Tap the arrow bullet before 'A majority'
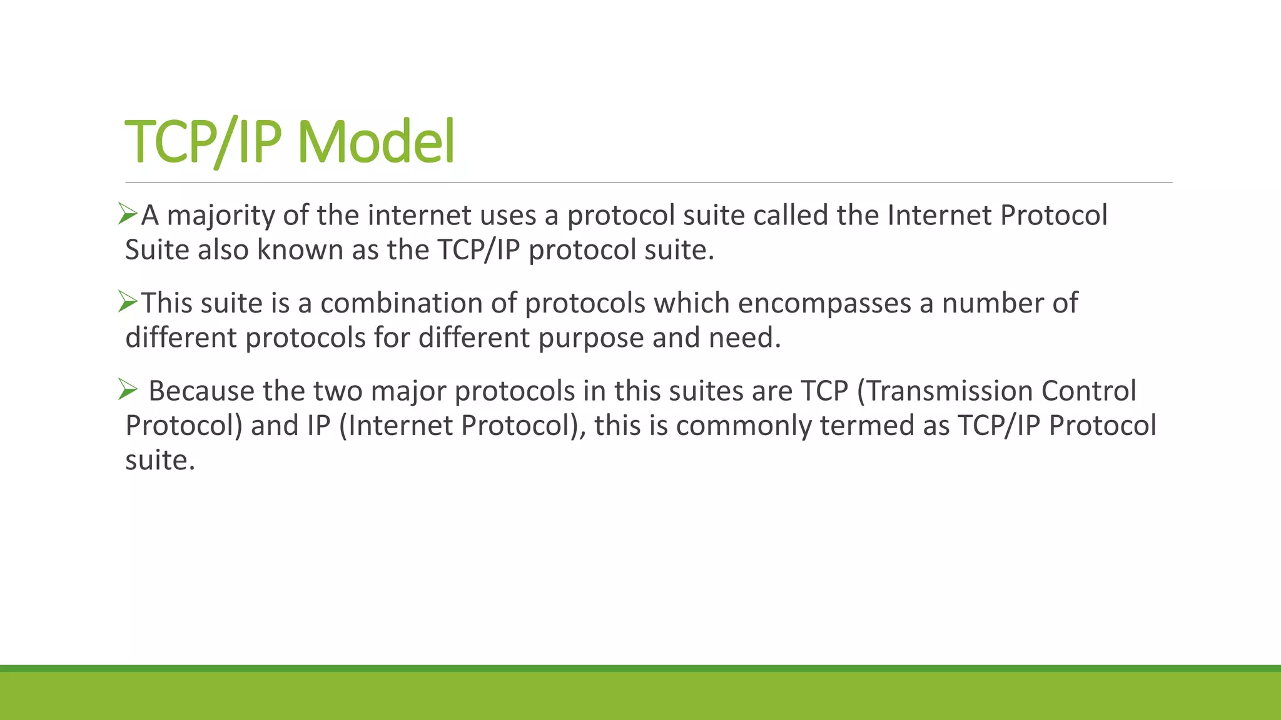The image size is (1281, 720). point(128,214)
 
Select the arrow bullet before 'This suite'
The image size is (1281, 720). point(128,302)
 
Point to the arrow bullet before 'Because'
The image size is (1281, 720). point(128,391)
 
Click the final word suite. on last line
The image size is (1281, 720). point(160,461)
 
